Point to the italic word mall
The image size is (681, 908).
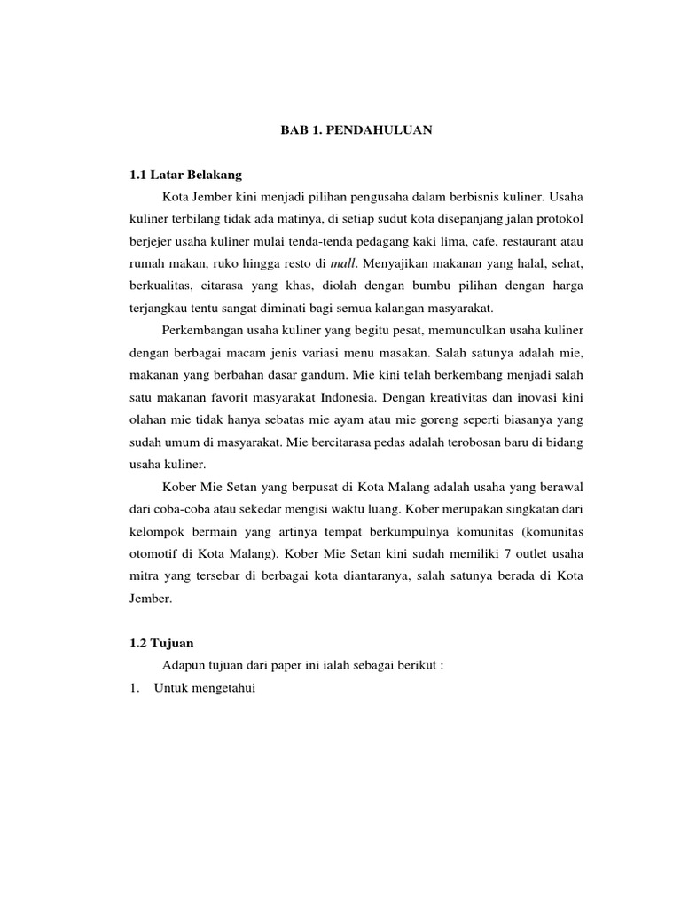pos(341,262)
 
